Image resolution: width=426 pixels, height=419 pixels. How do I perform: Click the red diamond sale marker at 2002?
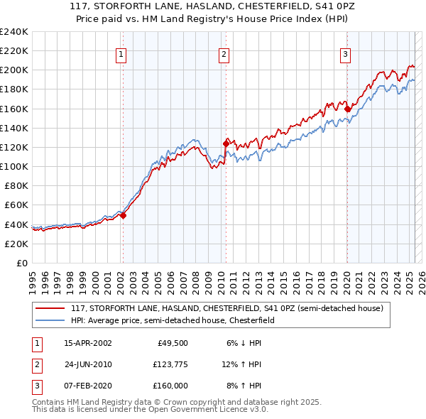[123, 215]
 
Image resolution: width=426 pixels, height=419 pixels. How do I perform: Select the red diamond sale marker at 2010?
[226, 143]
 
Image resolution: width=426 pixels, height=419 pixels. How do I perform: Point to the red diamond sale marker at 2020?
[347, 109]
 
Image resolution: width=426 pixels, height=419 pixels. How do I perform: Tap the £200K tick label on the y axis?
[14, 70]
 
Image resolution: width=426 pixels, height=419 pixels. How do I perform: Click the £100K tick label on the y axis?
[14, 166]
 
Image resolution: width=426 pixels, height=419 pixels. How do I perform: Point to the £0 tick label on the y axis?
[21, 263]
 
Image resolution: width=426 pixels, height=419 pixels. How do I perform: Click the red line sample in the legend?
[51, 308]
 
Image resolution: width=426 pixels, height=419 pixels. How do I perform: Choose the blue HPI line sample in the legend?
[51, 320]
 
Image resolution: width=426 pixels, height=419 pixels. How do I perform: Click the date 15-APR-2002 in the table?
[87, 343]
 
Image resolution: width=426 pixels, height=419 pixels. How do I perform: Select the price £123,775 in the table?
[168, 364]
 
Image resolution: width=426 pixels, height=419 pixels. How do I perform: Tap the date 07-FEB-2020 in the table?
[87, 386]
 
